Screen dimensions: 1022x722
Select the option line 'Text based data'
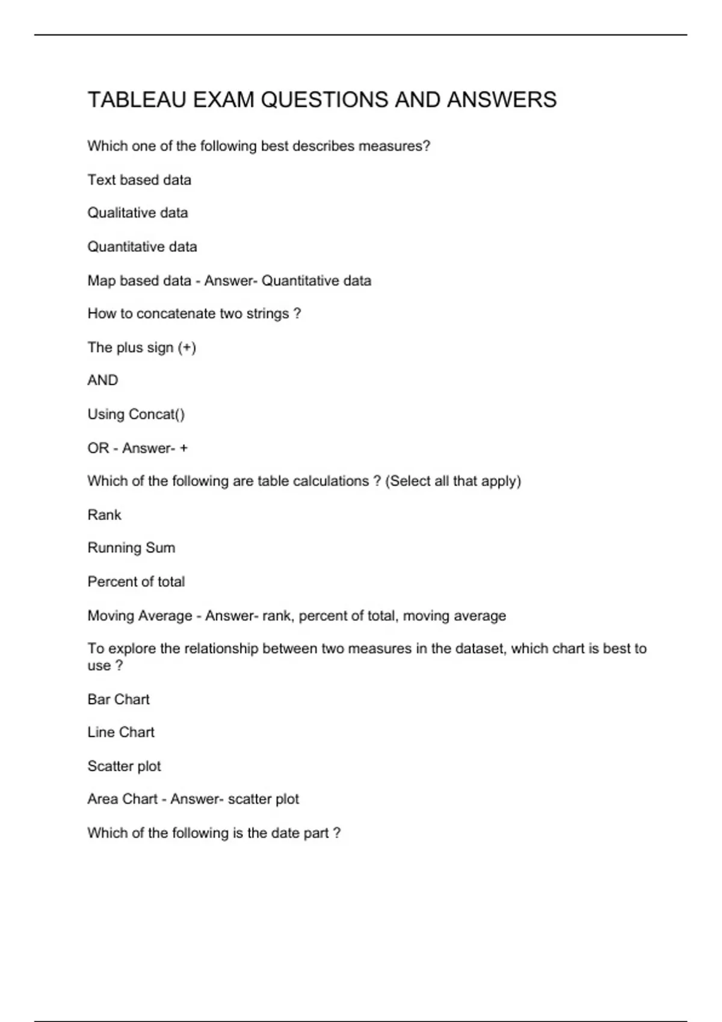[x=139, y=180]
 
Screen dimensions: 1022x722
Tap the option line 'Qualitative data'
[x=137, y=213]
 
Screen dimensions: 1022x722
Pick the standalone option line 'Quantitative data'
[x=142, y=246]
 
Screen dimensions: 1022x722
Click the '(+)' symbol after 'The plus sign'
[x=187, y=347]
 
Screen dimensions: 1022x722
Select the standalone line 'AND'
[x=102, y=381]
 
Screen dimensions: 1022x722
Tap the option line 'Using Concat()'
[x=136, y=414]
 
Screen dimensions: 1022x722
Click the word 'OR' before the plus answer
[x=98, y=448]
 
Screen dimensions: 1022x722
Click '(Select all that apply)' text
[x=453, y=481]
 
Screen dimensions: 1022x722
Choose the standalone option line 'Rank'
[x=104, y=515]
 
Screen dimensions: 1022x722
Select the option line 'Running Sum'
[x=131, y=548]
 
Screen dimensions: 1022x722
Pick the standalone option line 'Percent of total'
[x=136, y=581]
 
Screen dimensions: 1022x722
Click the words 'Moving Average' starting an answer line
[x=140, y=616]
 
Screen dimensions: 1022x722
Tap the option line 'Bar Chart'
[x=118, y=699]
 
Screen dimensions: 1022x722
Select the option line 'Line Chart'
[x=120, y=732]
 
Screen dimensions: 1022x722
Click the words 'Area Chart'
[x=122, y=799]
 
